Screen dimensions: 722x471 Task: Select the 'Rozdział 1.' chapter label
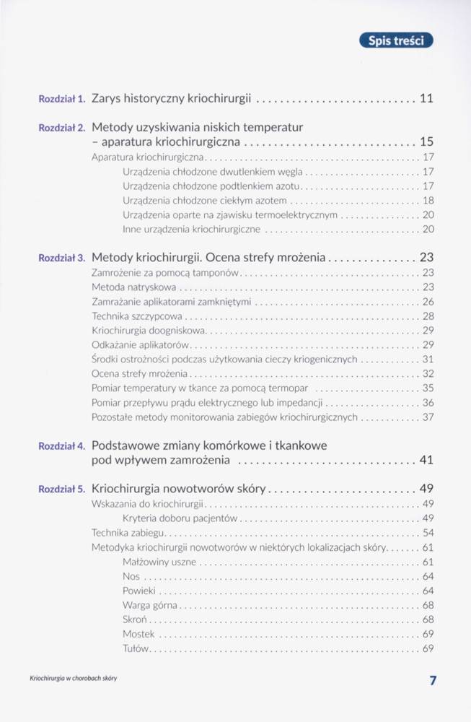pyautogui.click(x=62, y=97)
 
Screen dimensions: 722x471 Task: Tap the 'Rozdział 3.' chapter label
pyautogui.click(x=62, y=257)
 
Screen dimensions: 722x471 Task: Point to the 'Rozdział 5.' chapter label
pyautogui.click(x=62, y=489)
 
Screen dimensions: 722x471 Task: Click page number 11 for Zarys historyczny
pyautogui.click(x=426, y=97)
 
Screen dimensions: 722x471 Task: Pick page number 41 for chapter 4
pyautogui.click(x=426, y=460)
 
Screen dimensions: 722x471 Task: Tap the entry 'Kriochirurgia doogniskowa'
pyautogui.click(x=149, y=331)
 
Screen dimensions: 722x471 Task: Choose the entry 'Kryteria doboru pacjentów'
pyautogui.click(x=180, y=518)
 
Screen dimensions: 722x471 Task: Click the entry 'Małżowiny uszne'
pyautogui.click(x=159, y=562)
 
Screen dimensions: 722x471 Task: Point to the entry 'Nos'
pyautogui.click(x=131, y=576)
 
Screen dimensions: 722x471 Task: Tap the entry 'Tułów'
pyautogui.click(x=136, y=648)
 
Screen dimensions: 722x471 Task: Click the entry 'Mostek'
pyautogui.click(x=138, y=634)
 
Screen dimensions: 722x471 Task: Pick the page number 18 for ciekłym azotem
pyautogui.click(x=428, y=200)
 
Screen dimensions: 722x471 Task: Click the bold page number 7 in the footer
pyautogui.click(x=433, y=680)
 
